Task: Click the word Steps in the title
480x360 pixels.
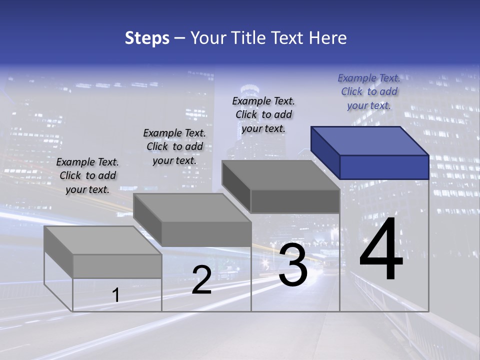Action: (147, 38)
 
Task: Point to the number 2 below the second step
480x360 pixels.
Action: (201, 280)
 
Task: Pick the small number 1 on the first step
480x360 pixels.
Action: (116, 295)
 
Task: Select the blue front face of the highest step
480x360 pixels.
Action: (384, 167)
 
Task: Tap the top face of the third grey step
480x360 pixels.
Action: (280, 175)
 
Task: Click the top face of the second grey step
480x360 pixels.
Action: (192, 207)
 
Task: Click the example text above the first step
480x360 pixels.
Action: (88, 176)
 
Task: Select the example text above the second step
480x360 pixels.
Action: (174, 147)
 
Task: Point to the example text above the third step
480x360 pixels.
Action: (263, 114)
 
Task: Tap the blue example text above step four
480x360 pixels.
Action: (369, 91)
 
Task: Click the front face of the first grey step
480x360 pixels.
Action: (117, 266)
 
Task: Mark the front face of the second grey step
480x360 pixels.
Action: (206, 234)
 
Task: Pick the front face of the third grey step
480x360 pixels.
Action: (295, 201)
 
